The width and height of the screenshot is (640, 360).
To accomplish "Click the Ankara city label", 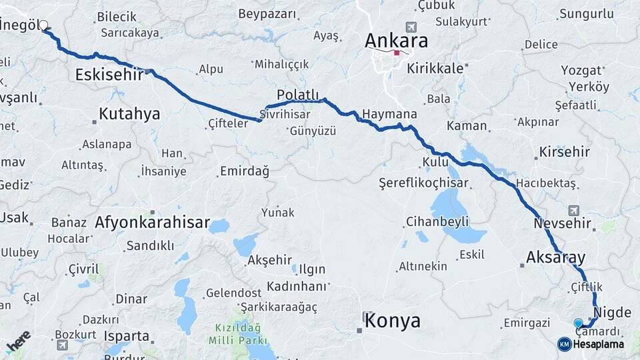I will tap(396, 41).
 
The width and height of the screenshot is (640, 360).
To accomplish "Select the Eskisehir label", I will tap(109, 75).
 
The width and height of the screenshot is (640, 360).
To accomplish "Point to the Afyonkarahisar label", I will tap(152, 223).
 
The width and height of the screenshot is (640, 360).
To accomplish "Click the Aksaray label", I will tap(555, 257).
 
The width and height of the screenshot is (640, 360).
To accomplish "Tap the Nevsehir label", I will tap(563, 223).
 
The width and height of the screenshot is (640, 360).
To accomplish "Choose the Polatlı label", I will tap(298, 95).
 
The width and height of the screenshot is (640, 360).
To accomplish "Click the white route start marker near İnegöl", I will tap(44, 26).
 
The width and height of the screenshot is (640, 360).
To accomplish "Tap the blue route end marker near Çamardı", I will tap(578, 323).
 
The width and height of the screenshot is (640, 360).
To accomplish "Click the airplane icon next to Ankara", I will tap(411, 27).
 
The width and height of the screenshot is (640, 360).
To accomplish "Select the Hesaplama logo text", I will tap(598, 344).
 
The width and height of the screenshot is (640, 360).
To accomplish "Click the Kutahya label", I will tap(129, 114).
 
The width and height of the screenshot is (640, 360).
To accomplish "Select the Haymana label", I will tap(389, 114).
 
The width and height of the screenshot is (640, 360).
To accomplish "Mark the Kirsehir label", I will tap(565, 152).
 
